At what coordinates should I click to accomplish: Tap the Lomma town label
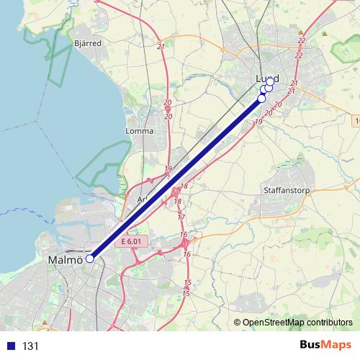tap(139, 131)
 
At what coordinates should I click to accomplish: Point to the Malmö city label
tap(65, 259)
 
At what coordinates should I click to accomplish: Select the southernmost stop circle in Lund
tap(262, 98)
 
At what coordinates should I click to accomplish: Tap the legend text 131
tap(30, 346)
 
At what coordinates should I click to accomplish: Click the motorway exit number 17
tap(181, 217)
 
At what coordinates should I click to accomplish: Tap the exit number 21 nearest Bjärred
tap(160, 47)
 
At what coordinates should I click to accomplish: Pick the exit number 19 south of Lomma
tap(168, 169)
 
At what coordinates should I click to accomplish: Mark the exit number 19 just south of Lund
tap(258, 122)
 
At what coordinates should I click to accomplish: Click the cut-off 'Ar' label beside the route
tap(141, 199)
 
